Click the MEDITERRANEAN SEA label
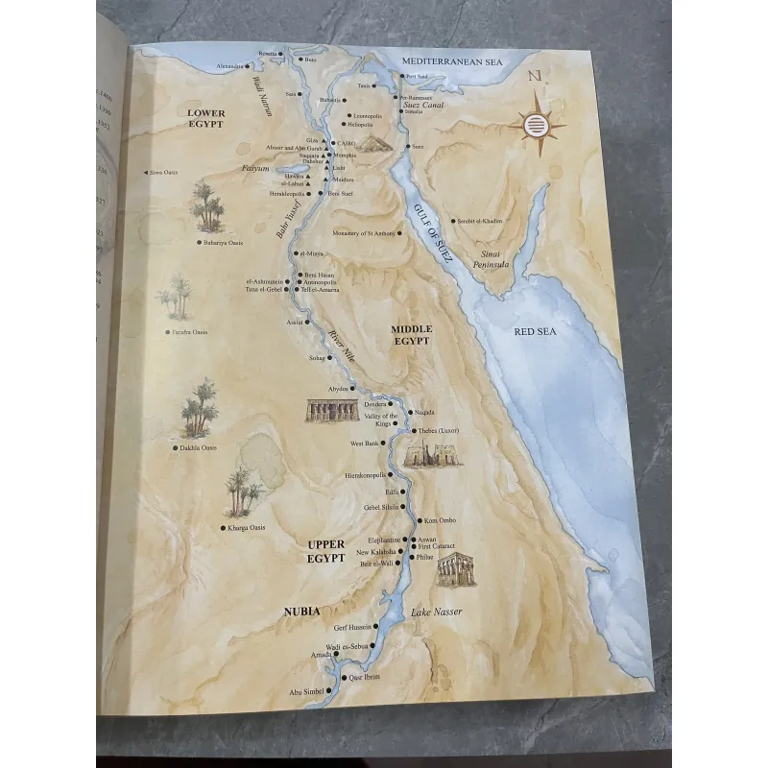[452, 61]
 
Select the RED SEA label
[536, 331]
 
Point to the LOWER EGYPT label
[204, 118]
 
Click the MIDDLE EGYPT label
[411, 335]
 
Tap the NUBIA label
[301, 611]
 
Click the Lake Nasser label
[437, 612]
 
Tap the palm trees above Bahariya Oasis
[206, 206]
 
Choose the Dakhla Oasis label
[197, 447]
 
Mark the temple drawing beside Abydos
[325, 410]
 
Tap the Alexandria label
[230, 66]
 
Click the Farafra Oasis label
[190, 332]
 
